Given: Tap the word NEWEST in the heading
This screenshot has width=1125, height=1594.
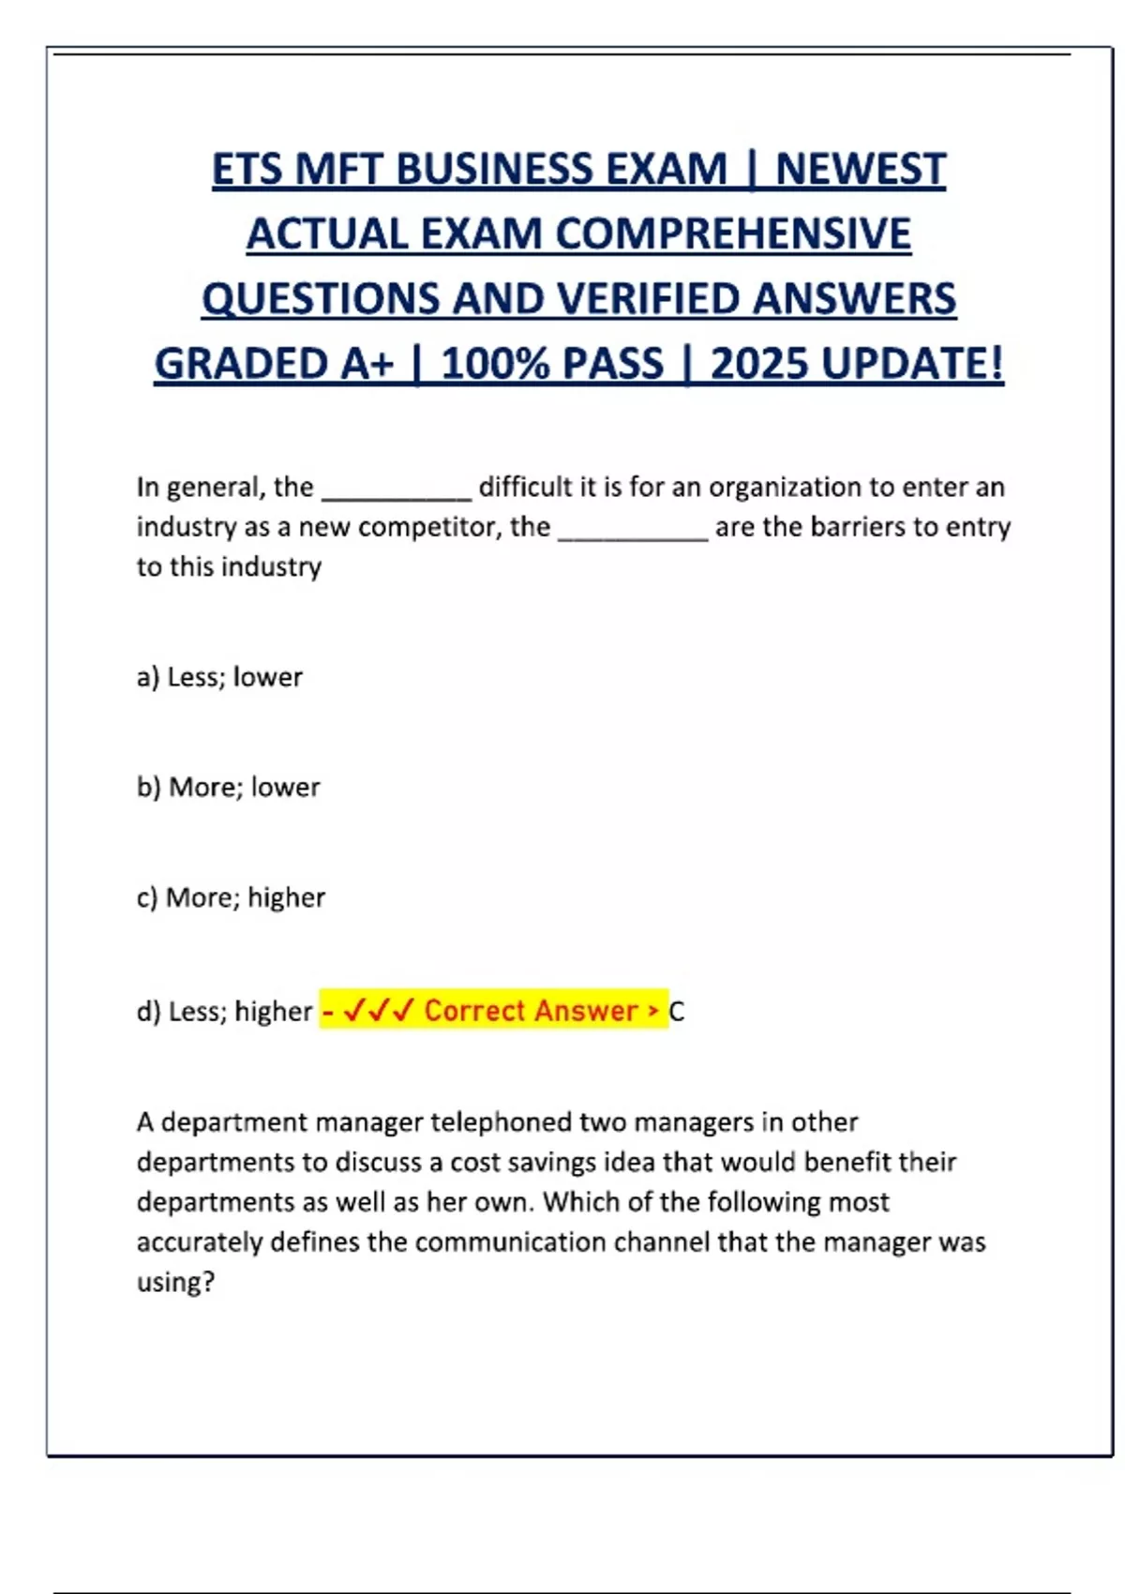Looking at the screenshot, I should (x=861, y=170).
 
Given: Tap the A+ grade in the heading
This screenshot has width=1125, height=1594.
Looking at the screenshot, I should (x=368, y=364).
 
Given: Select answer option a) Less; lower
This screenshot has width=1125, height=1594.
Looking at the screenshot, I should (x=219, y=677).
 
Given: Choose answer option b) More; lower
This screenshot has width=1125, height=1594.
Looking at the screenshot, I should (x=228, y=787).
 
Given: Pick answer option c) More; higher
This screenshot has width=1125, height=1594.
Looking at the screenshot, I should (x=231, y=897).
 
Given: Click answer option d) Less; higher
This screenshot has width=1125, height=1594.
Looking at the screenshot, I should (x=224, y=1011).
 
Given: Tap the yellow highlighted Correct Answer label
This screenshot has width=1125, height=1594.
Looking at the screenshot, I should (x=493, y=1010).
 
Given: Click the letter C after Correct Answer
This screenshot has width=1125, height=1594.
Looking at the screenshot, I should (x=677, y=1012).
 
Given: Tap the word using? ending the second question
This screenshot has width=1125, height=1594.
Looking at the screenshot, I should (x=176, y=1282).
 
